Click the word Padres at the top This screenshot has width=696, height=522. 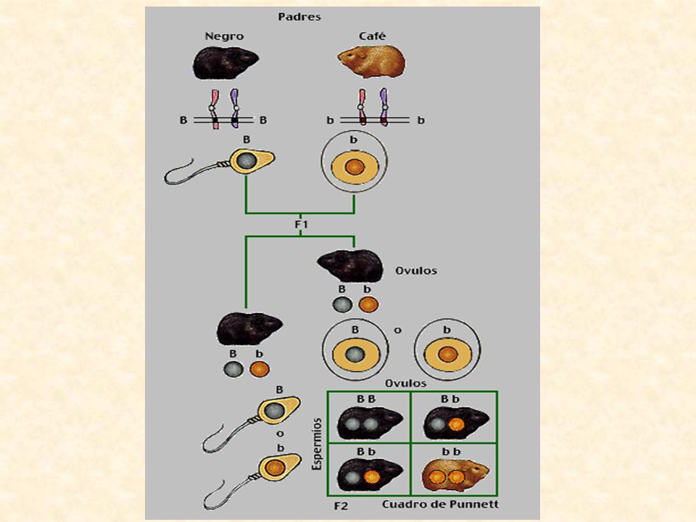(299, 17)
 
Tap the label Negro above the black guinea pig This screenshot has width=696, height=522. (224, 36)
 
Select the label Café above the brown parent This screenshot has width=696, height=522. (373, 36)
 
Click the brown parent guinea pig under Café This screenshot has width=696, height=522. (371, 61)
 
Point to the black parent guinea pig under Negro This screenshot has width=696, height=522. (225, 63)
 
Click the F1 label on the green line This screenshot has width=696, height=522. (302, 225)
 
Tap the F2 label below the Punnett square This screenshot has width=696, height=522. (341, 505)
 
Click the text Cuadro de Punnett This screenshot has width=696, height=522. (440, 505)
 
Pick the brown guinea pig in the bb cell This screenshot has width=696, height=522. (455, 476)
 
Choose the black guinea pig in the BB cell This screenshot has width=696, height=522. (370, 423)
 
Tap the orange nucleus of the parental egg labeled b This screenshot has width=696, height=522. (355, 167)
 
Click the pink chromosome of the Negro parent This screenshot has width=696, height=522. (215, 109)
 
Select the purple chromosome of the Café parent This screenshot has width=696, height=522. (384, 107)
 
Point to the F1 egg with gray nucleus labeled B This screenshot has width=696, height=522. (355, 351)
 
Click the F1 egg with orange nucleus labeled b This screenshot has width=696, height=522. (447, 351)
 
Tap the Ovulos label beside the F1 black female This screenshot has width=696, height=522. (416, 270)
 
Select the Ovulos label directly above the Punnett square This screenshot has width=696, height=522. (406, 384)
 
